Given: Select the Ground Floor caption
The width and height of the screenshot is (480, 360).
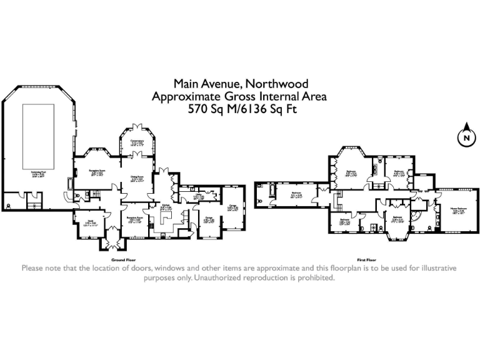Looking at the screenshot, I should click(x=123, y=259).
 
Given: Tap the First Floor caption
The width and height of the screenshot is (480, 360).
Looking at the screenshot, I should click(x=366, y=259).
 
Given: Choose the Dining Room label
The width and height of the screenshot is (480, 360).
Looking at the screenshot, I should click(x=137, y=178).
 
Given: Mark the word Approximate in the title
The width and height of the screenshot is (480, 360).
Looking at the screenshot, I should click(x=184, y=96).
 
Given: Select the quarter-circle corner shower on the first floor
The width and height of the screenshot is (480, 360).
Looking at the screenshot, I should click(x=414, y=215).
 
